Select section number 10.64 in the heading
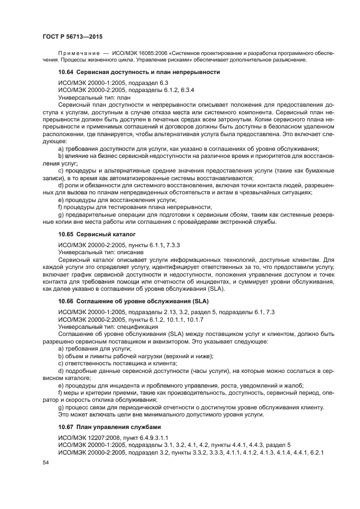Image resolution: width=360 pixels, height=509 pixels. (x=66, y=72)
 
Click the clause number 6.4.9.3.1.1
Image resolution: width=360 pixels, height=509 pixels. (x=153, y=437)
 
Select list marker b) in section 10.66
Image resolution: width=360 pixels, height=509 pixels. (x=60, y=356)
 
